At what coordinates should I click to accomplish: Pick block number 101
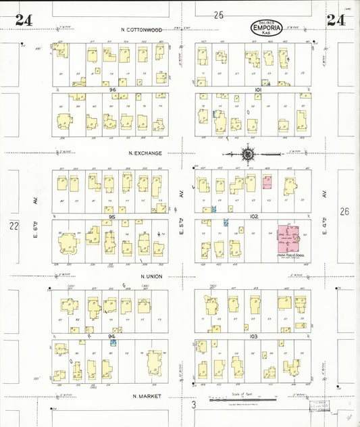click(258, 89)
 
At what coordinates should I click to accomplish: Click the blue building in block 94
click(113, 343)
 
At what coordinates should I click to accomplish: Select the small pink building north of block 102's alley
click(267, 182)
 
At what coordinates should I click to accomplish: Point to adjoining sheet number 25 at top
click(218, 14)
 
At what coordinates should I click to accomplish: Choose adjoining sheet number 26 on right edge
click(344, 211)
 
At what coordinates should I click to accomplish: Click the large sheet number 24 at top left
click(24, 20)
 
